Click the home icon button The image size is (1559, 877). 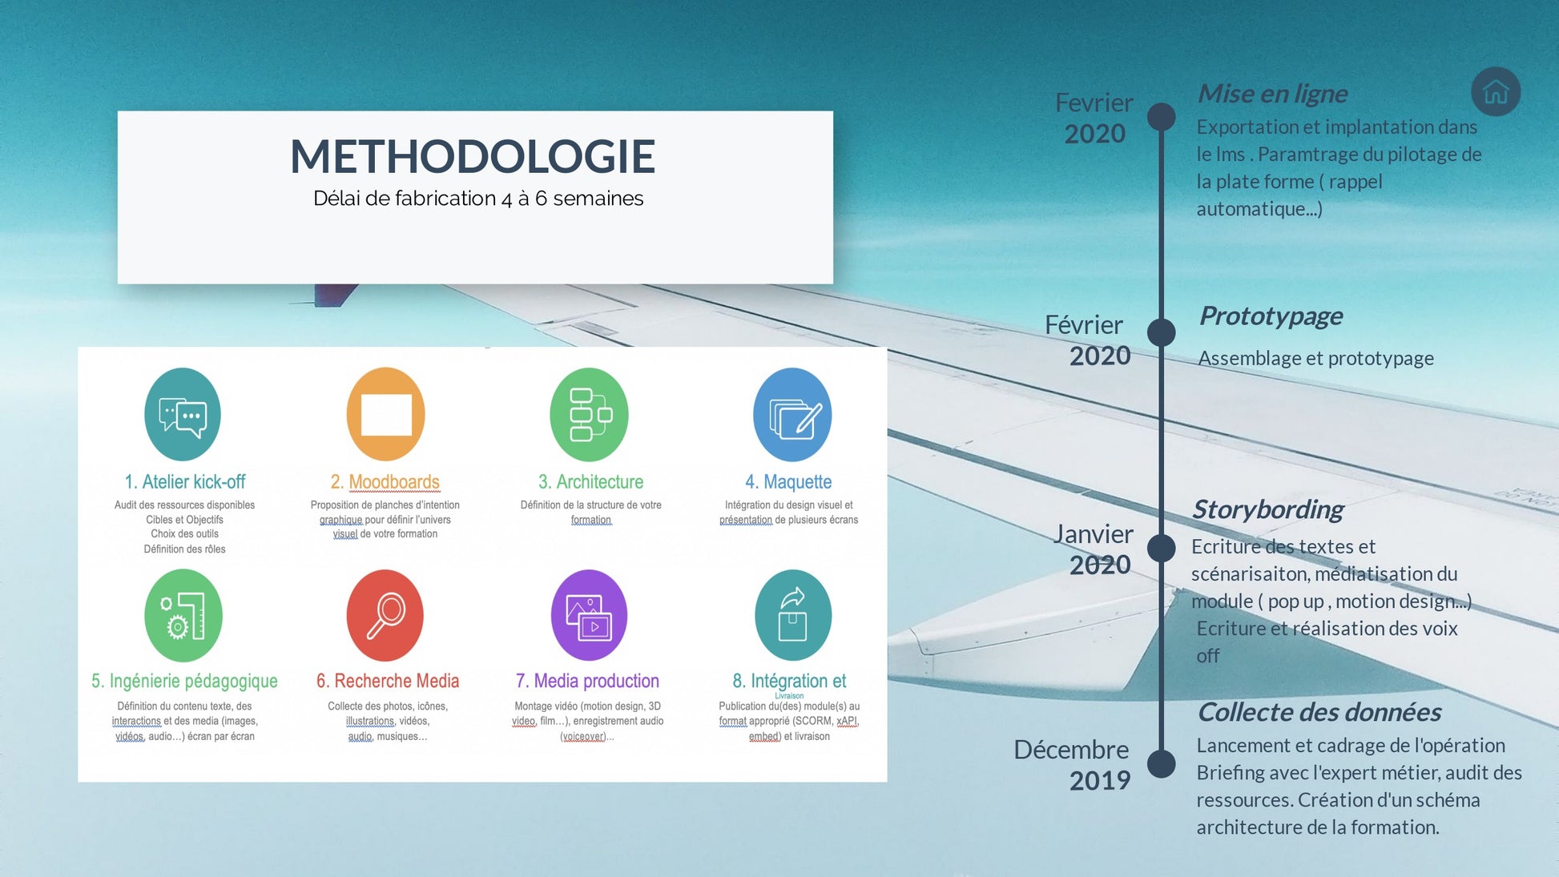click(1496, 91)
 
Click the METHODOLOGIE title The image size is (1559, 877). click(473, 156)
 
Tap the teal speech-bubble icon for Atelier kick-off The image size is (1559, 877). click(183, 414)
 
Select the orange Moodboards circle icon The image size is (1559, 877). click(385, 414)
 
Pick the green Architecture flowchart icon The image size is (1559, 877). click(590, 414)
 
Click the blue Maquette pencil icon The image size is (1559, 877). click(792, 414)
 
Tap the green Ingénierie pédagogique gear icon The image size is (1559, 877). click(183, 615)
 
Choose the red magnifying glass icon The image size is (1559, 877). click(385, 615)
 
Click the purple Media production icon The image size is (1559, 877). click(590, 615)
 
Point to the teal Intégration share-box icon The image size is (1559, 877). click(793, 615)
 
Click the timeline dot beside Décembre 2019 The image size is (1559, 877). click(1161, 763)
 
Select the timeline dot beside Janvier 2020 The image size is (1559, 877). click(1161, 548)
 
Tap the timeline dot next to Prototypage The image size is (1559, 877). click(1161, 332)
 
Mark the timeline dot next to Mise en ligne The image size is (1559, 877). click(1161, 117)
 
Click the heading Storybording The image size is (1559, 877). click(1267, 509)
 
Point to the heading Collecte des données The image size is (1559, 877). click(1319, 712)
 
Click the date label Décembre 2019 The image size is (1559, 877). click(1072, 764)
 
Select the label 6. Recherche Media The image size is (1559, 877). click(388, 681)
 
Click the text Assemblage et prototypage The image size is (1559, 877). click(1315, 358)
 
